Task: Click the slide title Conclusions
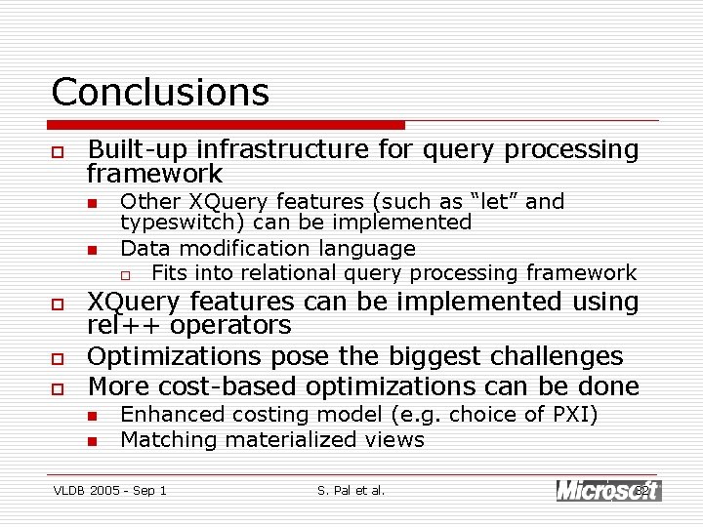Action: [x=160, y=92]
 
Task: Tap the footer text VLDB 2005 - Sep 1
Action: [x=109, y=490]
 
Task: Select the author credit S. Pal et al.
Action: [x=351, y=490]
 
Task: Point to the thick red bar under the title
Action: [x=227, y=125]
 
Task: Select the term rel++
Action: [x=121, y=325]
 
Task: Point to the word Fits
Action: [x=170, y=272]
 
